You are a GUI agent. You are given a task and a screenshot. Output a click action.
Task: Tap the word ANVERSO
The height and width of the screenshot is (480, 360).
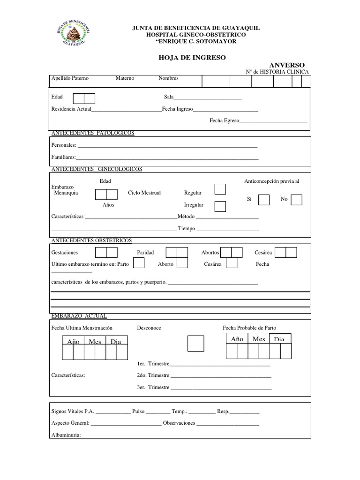point(287,65)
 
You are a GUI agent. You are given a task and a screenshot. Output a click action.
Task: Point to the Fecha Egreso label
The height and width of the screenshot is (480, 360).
point(224,120)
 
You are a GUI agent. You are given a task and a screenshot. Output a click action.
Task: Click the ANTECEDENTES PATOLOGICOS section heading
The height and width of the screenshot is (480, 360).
point(92,133)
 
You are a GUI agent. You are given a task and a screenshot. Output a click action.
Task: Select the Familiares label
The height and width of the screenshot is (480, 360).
point(63,157)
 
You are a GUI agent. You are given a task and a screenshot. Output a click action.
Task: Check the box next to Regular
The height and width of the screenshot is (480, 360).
point(220,189)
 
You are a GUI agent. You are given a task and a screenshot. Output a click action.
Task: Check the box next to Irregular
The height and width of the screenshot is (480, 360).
point(220,206)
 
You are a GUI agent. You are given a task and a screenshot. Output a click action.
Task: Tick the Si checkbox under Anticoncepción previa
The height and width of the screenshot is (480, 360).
point(264,200)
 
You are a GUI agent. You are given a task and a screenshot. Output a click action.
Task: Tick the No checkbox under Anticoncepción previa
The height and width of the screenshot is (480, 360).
point(296,200)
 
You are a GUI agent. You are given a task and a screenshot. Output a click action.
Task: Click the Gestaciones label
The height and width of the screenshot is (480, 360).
point(65,252)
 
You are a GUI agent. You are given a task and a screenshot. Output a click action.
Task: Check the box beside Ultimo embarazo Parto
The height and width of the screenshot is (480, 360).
point(138,263)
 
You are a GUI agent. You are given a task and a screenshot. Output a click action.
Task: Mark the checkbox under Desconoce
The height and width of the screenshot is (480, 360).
point(195,343)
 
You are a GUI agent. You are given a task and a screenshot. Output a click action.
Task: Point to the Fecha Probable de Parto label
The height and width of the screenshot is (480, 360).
point(253,328)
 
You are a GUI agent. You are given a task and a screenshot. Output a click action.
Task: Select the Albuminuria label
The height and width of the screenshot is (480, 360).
point(66,435)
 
